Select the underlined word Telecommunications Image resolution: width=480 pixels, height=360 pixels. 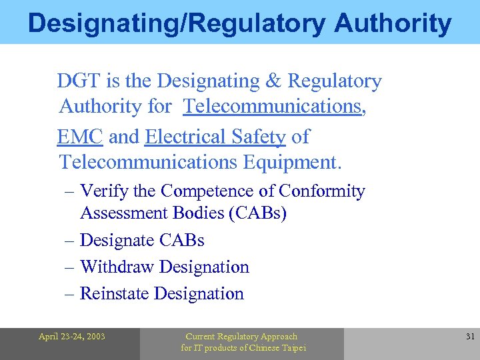click(x=273, y=106)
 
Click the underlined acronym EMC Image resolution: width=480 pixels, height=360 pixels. click(x=80, y=137)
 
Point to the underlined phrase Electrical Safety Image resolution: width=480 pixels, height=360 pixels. click(x=215, y=137)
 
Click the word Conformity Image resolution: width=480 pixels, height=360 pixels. click(x=322, y=191)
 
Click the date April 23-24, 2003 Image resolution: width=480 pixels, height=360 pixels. click(x=71, y=337)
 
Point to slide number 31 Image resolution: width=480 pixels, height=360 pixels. click(x=470, y=337)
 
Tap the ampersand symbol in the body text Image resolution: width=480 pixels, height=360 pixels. click(x=273, y=81)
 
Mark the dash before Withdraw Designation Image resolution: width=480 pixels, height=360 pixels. click(x=70, y=267)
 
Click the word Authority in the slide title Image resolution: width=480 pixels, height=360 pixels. click(x=393, y=23)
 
